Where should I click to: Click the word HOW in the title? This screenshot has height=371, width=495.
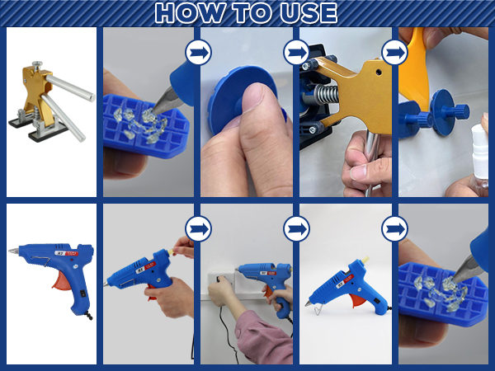coord(190,13)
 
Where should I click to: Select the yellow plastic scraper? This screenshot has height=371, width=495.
coord(416,68)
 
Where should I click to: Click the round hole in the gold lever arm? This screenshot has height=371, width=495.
coord(378,73)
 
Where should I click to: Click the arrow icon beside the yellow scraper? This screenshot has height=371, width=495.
coord(394,53)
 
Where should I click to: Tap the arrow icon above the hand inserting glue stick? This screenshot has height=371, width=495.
coord(198,228)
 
